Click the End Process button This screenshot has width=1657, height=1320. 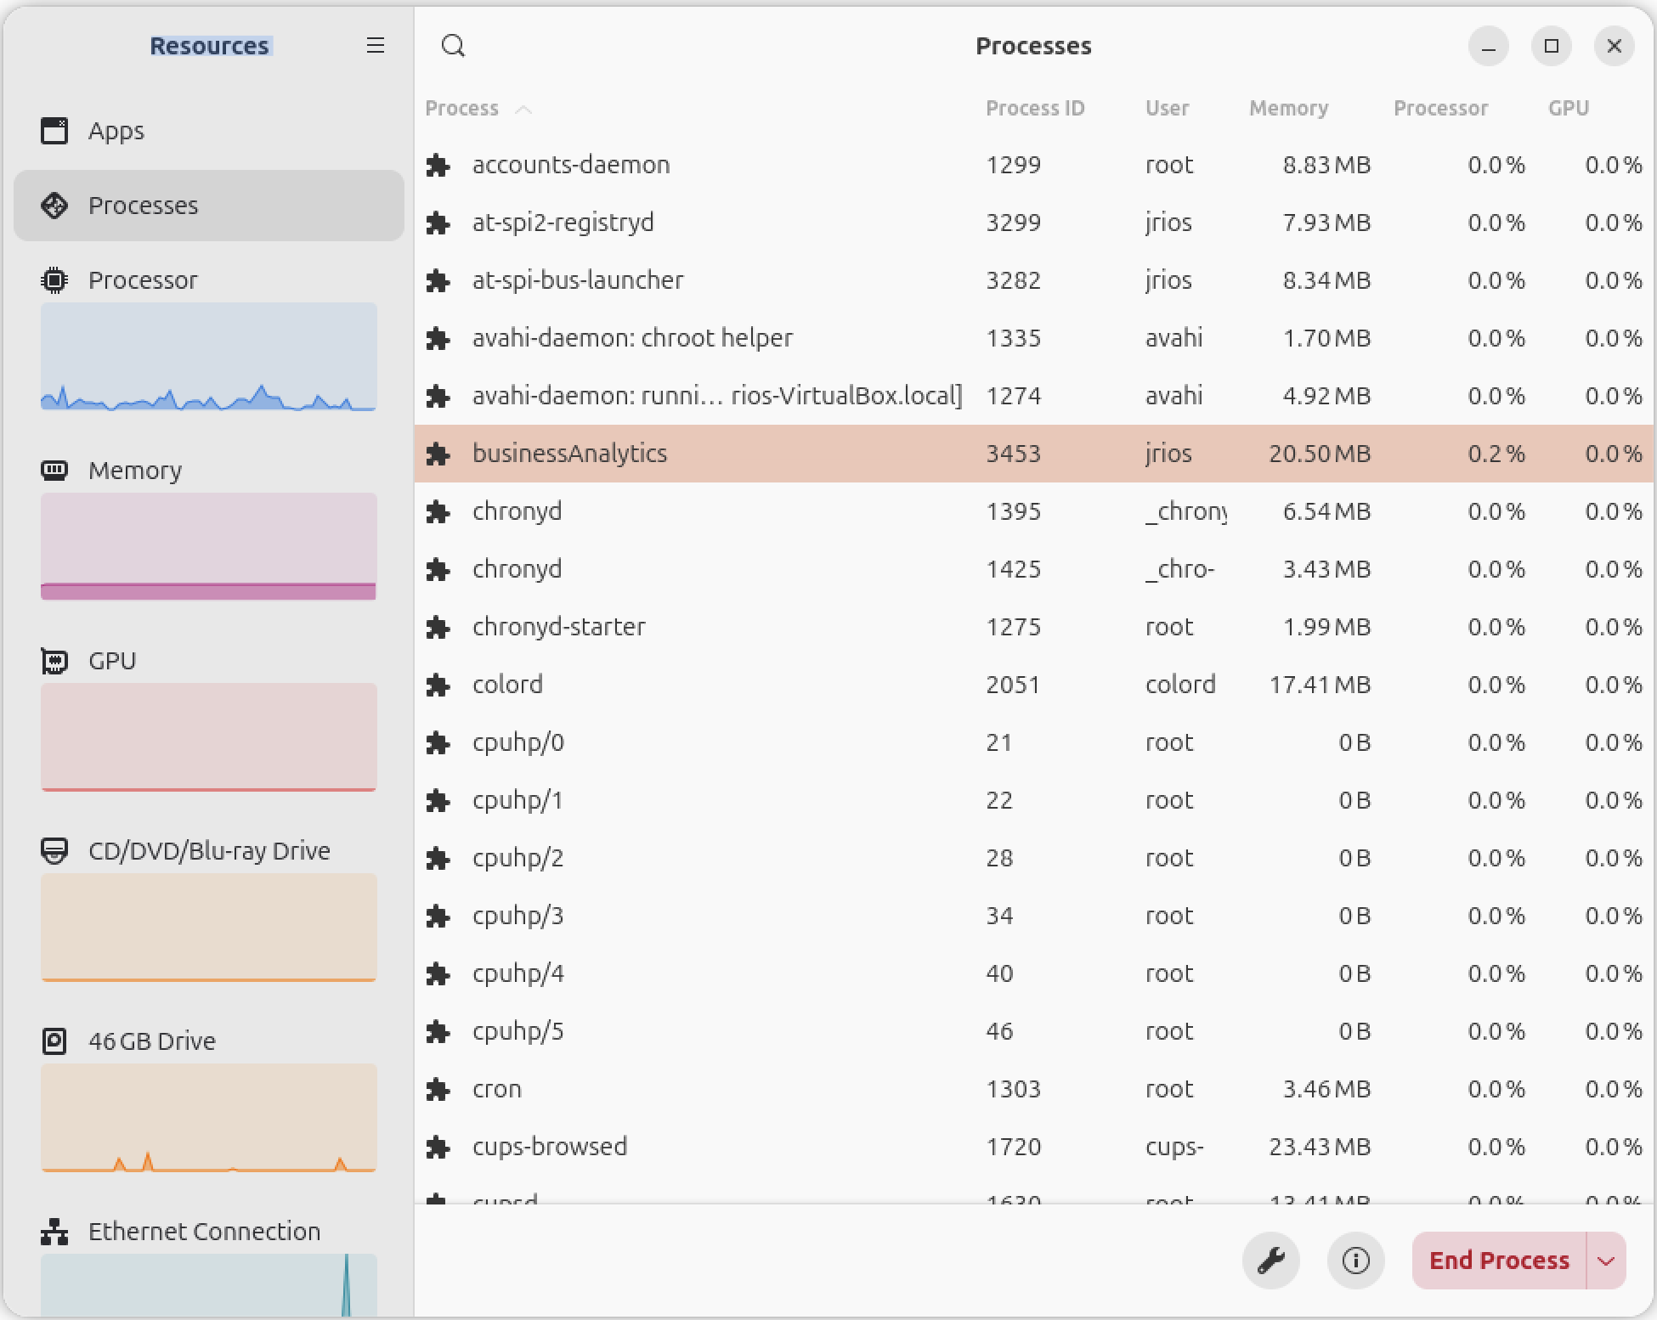[1499, 1261]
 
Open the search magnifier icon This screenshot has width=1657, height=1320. [454, 46]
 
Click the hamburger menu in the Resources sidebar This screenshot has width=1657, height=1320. [376, 46]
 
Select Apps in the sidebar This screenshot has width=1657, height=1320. [116, 131]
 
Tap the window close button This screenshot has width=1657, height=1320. [1615, 46]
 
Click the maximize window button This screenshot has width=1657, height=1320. [1552, 46]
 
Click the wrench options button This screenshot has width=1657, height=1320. [1271, 1261]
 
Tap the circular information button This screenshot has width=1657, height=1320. [1356, 1261]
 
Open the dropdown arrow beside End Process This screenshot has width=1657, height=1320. [1606, 1261]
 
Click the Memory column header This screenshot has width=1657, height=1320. [1288, 109]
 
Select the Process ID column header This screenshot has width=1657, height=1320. [1035, 109]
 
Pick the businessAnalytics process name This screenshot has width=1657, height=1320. [569, 454]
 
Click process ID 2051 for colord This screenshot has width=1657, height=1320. [1013, 685]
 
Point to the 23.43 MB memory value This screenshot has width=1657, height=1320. [1320, 1147]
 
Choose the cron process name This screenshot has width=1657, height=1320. [497, 1089]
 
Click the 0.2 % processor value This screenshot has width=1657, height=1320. [1496, 454]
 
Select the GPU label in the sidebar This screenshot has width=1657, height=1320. [112, 661]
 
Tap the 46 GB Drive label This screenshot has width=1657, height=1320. [152, 1041]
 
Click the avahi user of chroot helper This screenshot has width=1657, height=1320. [1173, 338]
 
